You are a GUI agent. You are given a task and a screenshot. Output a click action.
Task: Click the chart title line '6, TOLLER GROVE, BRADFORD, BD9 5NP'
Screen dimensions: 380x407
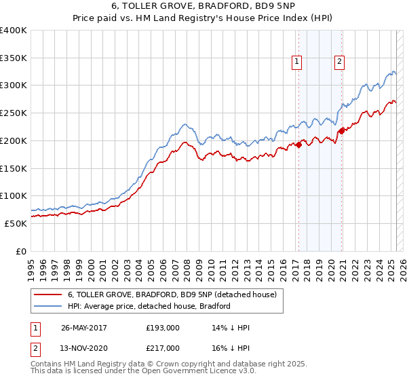pyautogui.click(x=203, y=6)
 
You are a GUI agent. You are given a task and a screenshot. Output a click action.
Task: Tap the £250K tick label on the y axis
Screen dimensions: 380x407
pyautogui.click(x=14, y=113)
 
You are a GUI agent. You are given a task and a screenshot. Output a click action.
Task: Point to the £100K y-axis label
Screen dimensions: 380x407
pyautogui.click(x=14, y=195)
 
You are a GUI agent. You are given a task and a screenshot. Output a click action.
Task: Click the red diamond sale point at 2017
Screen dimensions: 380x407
pyautogui.click(x=299, y=144)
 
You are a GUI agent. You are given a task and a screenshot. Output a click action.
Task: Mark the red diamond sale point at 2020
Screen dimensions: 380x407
pyautogui.click(x=341, y=131)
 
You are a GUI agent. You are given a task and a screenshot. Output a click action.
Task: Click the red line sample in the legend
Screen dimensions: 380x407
pyautogui.click(x=49, y=295)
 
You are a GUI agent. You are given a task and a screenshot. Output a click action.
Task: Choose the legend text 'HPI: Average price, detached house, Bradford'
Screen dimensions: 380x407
pyautogui.click(x=149, y=306)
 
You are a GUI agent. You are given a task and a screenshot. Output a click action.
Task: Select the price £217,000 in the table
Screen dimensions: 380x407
pyautogui.click(x=162, y=347)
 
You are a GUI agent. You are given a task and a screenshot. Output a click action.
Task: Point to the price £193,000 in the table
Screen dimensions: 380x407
pyautogui.click(x=162, y=328)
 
